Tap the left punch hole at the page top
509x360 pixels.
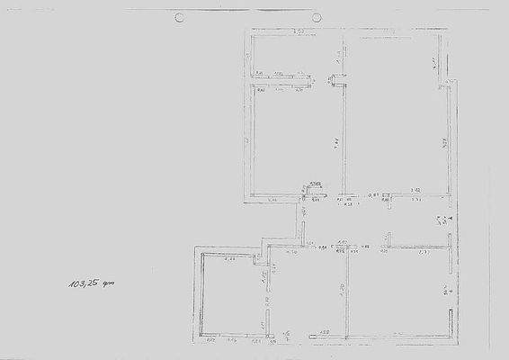[179, 17]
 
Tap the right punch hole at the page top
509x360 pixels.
[317, 17]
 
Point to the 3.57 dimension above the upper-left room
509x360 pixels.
[299, 32]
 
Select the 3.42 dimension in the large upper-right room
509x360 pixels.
[415, 191]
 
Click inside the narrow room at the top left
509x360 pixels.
[293, 54]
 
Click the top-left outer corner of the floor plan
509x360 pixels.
[249, 32]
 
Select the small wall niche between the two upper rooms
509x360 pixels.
[338, 79]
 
